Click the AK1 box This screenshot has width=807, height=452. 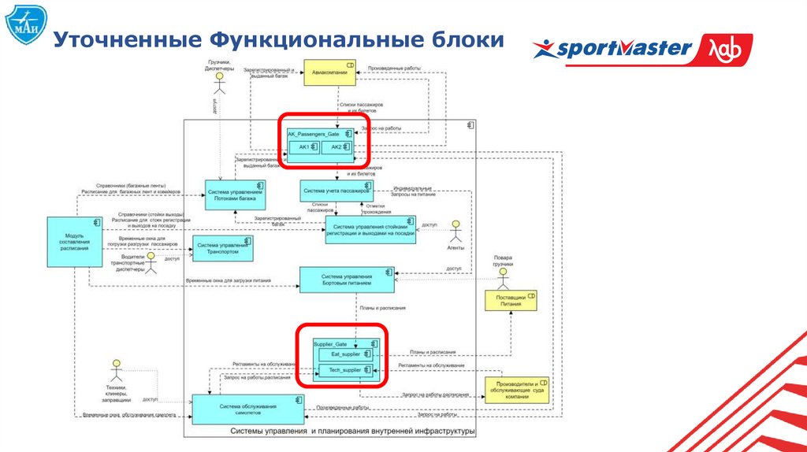tap(303, 147)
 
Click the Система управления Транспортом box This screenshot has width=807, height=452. tap(223, 250)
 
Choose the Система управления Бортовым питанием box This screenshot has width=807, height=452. tap(347, 279)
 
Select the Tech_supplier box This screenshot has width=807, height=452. tap(344, 370)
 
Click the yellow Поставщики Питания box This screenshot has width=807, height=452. tap(511, 302)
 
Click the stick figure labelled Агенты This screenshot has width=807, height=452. tap(455, 232)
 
